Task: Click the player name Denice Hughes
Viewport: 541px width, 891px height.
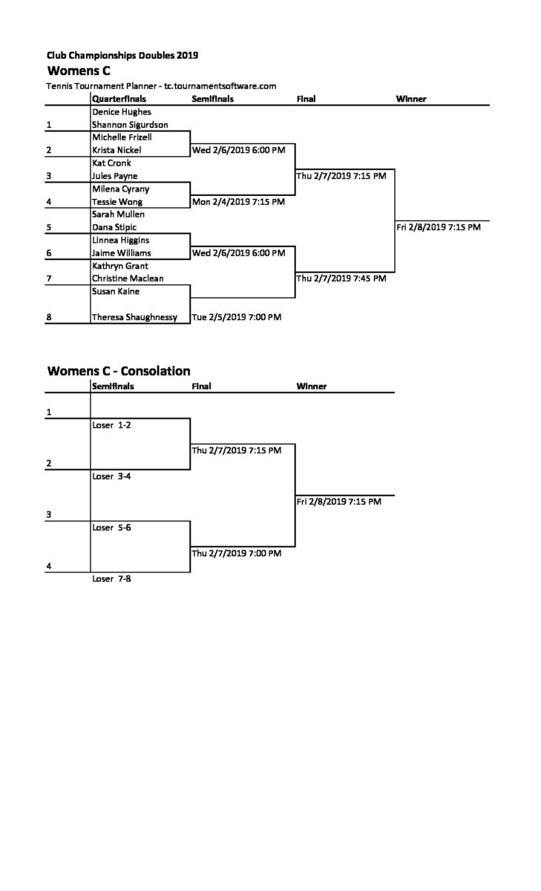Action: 122,112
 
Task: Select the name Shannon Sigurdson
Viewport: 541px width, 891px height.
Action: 130,125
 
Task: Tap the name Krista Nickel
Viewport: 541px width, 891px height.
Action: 117,150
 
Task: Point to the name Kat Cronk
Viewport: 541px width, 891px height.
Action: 111,163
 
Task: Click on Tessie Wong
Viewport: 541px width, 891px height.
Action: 117,202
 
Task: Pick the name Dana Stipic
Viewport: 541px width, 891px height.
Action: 114,227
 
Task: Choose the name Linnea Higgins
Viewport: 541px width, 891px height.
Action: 121,241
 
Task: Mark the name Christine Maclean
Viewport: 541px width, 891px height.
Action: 128,278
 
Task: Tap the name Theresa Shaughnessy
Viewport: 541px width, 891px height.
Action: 135,317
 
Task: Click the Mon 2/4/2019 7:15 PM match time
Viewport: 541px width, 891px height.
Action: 238,202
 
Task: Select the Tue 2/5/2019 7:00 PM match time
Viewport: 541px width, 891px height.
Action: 237,317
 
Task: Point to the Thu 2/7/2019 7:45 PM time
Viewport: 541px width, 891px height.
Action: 341,278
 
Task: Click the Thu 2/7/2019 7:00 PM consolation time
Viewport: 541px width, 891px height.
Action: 237,553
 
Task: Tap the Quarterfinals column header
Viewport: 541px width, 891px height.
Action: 119,99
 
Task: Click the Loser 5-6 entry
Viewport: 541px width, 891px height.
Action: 112,528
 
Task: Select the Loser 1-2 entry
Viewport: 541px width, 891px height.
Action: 112,425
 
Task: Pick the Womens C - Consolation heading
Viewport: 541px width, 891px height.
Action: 119,371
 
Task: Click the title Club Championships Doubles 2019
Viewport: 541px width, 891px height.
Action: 122,55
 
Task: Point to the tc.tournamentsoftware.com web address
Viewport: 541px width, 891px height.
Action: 220,86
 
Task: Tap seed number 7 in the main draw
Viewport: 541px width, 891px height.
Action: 49,278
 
